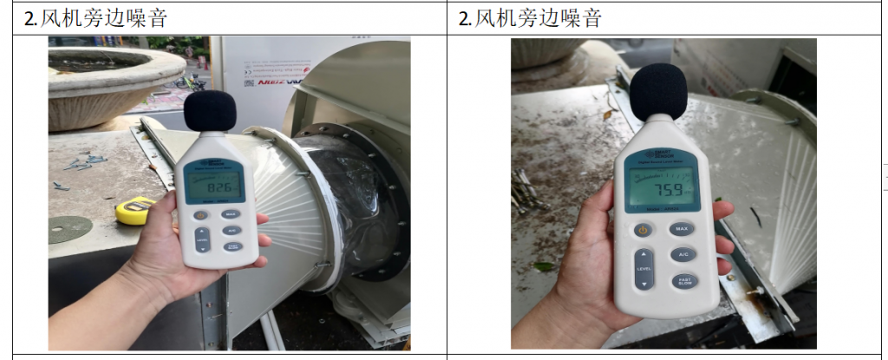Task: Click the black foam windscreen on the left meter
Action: [x=211, y=112]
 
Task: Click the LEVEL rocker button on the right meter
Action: [x=643, y=269]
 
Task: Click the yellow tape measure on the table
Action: [x=134, y=210]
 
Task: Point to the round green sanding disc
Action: [x=70, y=229]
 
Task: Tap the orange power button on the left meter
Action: [x=200, y=214]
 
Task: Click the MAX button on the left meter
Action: [x=230, y=213]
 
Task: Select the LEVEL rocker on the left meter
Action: [x=201, y=239]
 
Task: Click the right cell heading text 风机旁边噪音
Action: [x=539, y=18]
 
